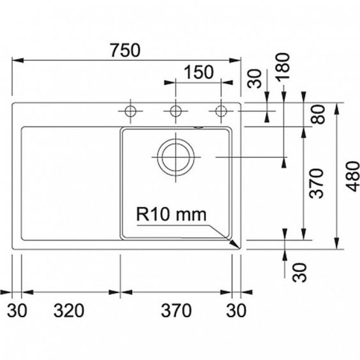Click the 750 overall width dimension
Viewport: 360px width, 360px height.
click(x=125, y=50)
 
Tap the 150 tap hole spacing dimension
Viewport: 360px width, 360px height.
click(x=199, y=72)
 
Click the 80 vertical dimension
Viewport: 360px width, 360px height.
click(x=318, y=114)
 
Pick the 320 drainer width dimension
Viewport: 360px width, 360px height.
click(x=69, y=310)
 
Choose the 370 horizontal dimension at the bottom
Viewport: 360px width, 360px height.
click(x=176, y=310)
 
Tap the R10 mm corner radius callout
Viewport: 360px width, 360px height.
click(x=171, y=214)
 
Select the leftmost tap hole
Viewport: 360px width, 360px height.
click(x=130, y=106)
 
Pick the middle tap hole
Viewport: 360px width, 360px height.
click(x=176, y=106)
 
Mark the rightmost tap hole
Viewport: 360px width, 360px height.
click(x=221, y=106)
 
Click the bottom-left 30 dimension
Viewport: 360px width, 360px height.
click(x=17, y=310)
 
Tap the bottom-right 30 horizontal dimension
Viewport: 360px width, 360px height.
click(x=236, y=310)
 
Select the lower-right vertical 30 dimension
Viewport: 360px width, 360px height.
click(x=300, y=273)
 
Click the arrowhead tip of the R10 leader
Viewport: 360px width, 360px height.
click(x=239, y=247)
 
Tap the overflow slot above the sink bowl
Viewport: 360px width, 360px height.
click(x=198, y=127)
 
